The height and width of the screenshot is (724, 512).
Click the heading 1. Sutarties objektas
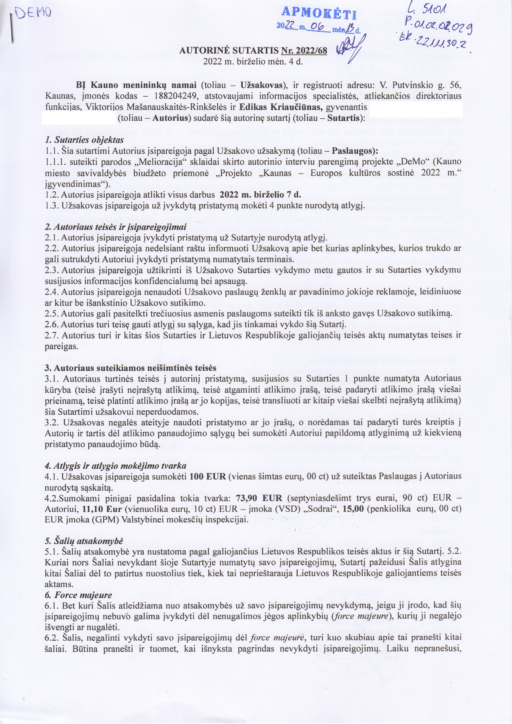pos(84,139)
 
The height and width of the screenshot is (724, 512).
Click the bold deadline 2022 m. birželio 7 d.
pos(260,194)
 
